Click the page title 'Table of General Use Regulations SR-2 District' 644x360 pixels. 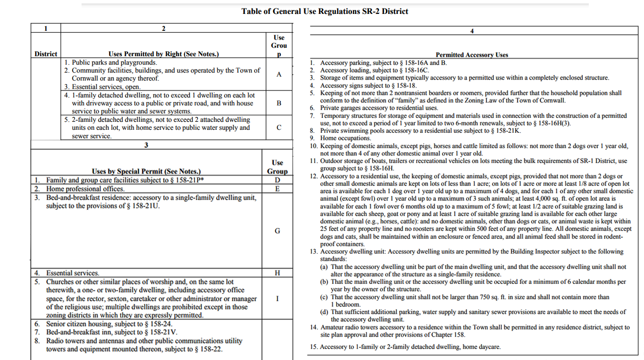coord(325,11)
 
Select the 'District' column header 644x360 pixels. coord(46,54)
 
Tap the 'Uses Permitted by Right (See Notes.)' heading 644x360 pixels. coord(164,54)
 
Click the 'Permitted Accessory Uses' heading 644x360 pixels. coord(471,55)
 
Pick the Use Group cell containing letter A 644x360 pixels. coord(278,74)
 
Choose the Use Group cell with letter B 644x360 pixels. coord(278,103)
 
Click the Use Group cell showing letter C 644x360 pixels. coord(278,127)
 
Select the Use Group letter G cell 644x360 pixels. coord(277,231)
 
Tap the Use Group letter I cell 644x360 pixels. coord(277,298)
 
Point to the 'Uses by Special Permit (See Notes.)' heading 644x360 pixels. coord(146,172)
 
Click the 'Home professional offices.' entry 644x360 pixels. coord(86,189)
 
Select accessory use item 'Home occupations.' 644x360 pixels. coord(345,138)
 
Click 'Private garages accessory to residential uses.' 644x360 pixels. coord(379,108)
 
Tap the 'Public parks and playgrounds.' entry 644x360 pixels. coord(114,63)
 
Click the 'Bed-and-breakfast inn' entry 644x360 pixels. coord(112,332)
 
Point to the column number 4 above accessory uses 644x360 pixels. coord(471,31)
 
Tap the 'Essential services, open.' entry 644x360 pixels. coord(106,87)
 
